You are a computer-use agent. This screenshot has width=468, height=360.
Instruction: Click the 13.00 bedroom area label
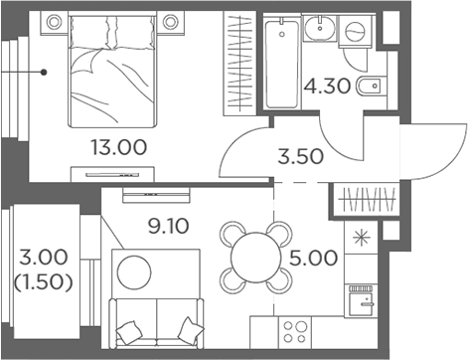click(x=117, y=148)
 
